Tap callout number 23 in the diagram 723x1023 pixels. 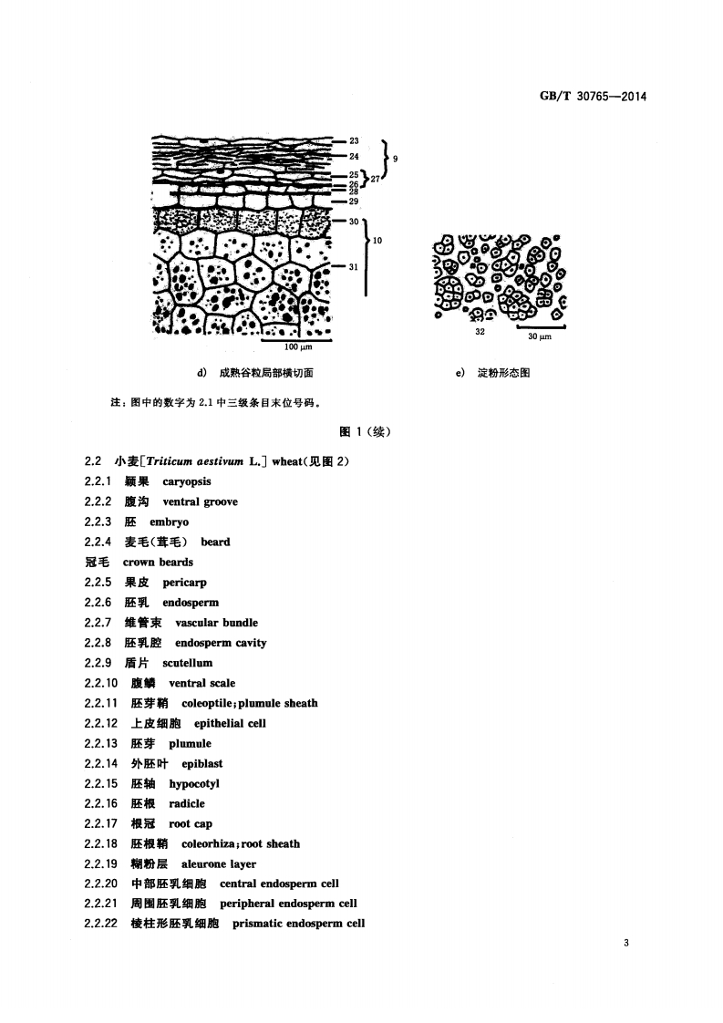click(354, 141)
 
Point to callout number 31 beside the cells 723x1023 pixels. click(354, 266)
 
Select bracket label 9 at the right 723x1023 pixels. click(395, 158)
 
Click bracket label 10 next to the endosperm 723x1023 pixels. click(377, 242)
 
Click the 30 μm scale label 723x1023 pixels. click(541, 337)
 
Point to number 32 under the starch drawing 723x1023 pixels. click(480, 333)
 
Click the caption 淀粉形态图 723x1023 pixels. click(504, 373)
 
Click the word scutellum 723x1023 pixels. click(187, 663)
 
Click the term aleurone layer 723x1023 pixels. click(212, 863)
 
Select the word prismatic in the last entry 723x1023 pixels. click(257, 924)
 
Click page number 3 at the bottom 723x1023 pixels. click(626, 944)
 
